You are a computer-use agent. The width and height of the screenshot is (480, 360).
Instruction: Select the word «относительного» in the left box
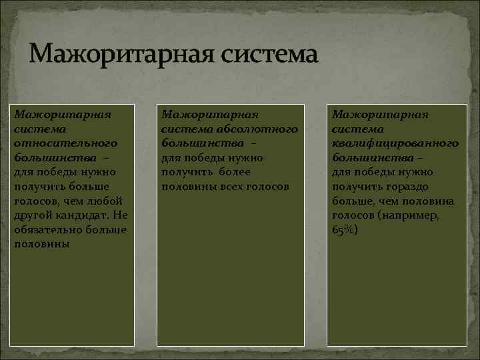(65, 143)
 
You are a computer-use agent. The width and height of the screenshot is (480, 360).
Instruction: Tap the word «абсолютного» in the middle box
(261, 129)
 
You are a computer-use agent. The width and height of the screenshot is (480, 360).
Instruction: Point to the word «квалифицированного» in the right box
(395, 143)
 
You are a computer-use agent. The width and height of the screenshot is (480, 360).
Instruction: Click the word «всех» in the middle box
(233, 186)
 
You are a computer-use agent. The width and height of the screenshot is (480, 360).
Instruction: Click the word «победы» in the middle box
(208, 157)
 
